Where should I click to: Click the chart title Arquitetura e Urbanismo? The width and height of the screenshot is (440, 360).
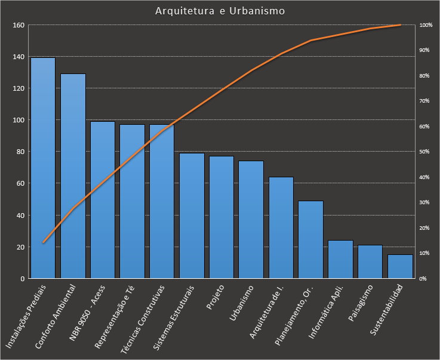(x=220, y=11)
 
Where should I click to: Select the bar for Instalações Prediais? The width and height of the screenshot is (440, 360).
(x=43, y=168)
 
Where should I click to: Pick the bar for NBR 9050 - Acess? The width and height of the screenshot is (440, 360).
(x=103, y=200)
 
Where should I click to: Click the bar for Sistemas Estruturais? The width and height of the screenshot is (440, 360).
(x=192, y=216)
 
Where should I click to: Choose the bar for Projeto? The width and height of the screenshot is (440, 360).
(x=221, y=217)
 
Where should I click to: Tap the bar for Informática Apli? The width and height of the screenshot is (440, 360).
(x=340, y=259)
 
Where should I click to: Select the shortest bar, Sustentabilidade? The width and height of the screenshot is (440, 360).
(x=400, y=266)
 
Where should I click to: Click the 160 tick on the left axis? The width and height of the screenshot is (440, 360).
(x=18, y=25)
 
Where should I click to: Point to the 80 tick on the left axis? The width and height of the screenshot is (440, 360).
(x=20, y=152)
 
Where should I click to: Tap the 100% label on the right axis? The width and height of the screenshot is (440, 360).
(x=426, y=25)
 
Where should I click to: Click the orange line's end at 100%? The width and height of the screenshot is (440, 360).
(x=400, y=25)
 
